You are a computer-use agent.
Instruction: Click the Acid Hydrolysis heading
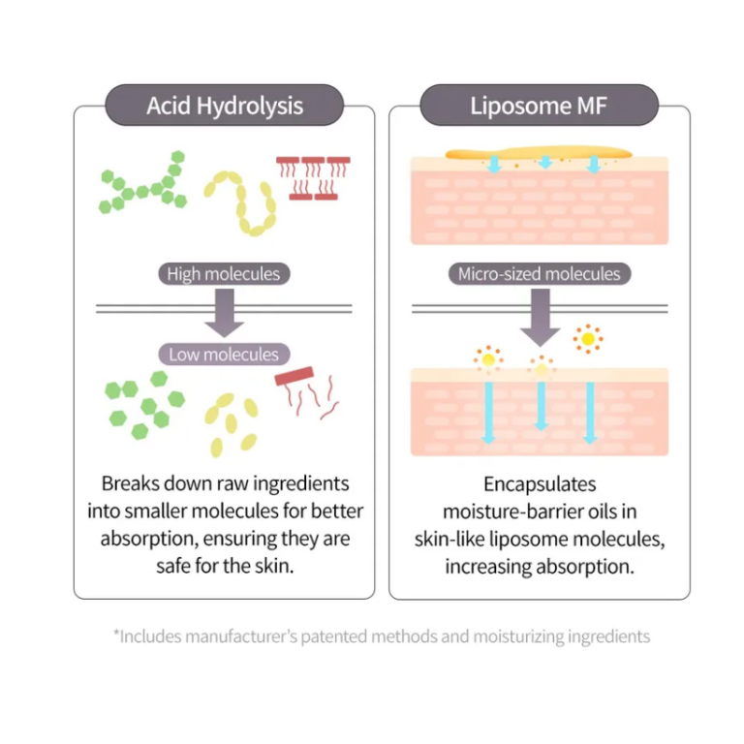[x=225, y=105]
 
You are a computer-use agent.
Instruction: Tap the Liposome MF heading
[x=539, y=105]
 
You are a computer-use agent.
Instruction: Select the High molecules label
[x=223, y=274]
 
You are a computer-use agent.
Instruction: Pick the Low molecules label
[x=224, y=355]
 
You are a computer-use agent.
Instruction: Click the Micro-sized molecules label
[x=540, y=274]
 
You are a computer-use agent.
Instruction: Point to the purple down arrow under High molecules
[x=224, y=313]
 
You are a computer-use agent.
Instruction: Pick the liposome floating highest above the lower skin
[x=587, y=338]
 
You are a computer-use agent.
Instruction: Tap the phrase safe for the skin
[x=225, y=566]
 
